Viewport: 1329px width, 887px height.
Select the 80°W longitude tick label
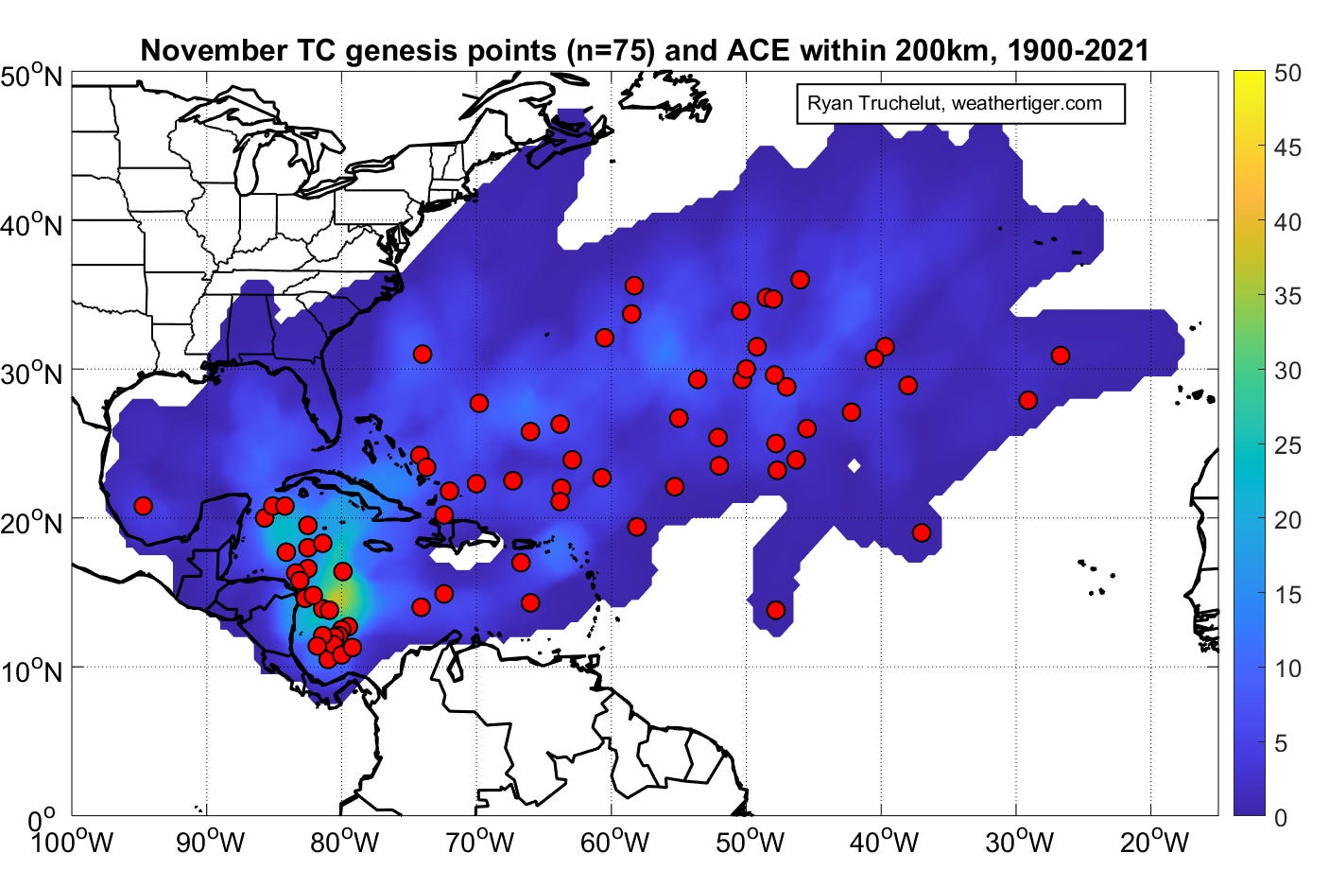point(344,841)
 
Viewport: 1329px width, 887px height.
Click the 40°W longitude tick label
point(884,841)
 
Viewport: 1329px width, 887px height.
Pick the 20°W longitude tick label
point(1154,841)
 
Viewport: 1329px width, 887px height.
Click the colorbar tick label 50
point(1287,73)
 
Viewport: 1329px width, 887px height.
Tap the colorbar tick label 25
point(1287,444)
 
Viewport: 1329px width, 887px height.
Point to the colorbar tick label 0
point(1281,817)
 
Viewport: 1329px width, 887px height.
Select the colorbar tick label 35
point(1287,296)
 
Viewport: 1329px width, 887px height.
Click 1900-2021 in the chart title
point(1079,50)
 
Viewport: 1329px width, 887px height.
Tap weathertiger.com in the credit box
point(1027,104)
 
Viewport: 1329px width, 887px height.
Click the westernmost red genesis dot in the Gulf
point(143,506)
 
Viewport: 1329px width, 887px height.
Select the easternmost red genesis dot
point(1060,356)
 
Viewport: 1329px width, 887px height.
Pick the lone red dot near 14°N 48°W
point(776,610)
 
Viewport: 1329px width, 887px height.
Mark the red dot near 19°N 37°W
point(922,532)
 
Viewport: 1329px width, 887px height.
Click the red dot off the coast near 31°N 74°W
point(422,354)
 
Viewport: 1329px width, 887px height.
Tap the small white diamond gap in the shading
point(854,465)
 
